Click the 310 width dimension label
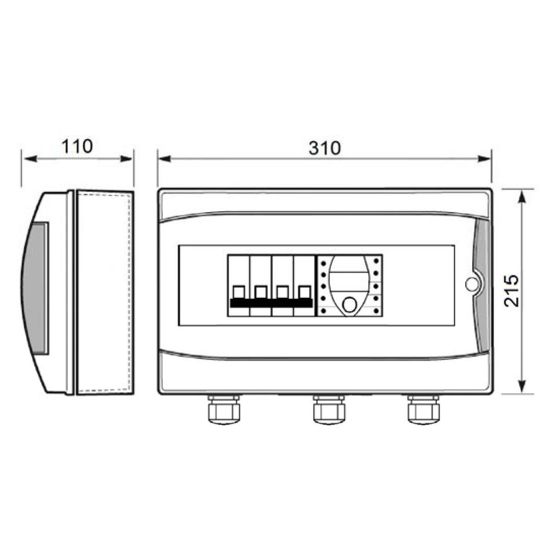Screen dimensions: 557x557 coord(324,148)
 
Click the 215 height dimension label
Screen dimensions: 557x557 coord(512,291)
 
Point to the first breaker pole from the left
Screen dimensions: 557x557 coord(239,286)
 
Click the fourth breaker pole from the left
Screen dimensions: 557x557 coord(304,286)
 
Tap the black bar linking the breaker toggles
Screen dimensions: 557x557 coord(271,302)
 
